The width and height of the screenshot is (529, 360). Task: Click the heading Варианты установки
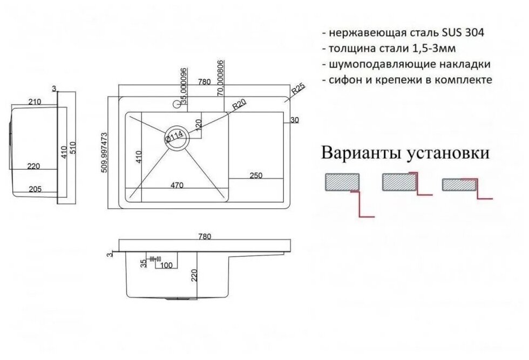(x=405, y=153)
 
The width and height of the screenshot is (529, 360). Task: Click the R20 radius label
(x=239, y=107)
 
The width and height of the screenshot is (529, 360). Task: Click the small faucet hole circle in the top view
(x=177, y=103)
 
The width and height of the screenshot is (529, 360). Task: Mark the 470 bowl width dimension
(x=177, y=185)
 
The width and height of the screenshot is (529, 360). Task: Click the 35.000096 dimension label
(x=185, y=86)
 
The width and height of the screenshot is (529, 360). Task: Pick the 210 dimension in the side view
(x=35, y=102)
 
